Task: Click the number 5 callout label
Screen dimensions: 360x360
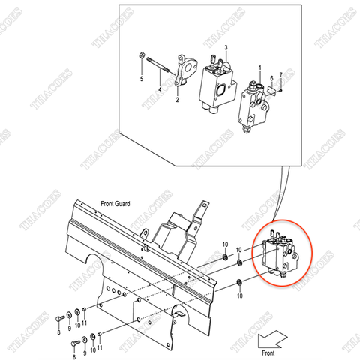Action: pyautogui.click(x=141, y=77)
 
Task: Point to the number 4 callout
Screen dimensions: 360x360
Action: pyautogui.click(x=159, y=90)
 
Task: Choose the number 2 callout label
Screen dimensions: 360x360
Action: pyautogui.click(x=177, y=99)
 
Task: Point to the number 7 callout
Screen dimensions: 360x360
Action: pyautogui.click(x=281, y=74)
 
